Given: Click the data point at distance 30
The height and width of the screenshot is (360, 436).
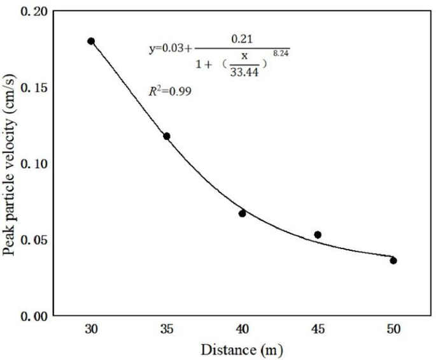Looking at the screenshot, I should pos(91,41).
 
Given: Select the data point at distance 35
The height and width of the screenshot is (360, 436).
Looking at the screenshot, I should pos(167,136).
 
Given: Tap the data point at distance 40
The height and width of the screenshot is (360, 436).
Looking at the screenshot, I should pos(243,213).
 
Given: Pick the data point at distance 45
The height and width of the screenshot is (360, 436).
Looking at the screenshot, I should pos(318,234).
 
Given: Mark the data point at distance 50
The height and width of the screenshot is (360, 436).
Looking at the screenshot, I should pos(393,260).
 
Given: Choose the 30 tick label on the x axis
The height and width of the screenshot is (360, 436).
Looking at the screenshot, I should pos(91,330).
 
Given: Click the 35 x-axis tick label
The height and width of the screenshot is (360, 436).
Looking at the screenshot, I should pos(167,330).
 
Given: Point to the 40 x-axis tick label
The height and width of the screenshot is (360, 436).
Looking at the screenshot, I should pos(243,330).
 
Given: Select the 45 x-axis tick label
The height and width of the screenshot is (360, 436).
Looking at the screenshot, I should pos(318,330).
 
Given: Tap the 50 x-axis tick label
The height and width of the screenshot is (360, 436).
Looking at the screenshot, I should pos(393,330).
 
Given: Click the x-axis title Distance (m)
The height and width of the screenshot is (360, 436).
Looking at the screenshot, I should pos(241,350).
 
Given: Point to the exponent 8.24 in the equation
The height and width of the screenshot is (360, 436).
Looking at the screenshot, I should pos(281,54).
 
